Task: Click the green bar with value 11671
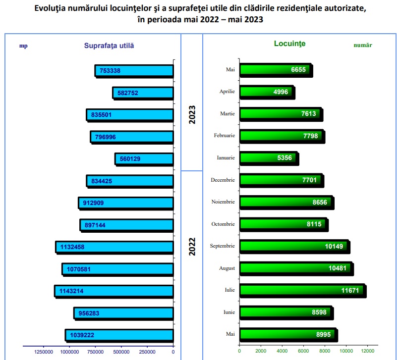(x=302, y=290)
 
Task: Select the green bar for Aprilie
(x=267, y=92)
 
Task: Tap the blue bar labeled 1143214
(x=114, y=291)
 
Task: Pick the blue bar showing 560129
(x=144, y=159)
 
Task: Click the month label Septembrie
(x=223, y=246)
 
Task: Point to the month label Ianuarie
(x=226, y=158)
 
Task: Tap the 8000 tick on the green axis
(x=324, y=352)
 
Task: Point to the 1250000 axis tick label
(x=43, y=352)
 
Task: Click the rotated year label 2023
(x=192, y=114)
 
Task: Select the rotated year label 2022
(x=192, y=247)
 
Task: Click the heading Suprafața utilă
(x=109, y=45)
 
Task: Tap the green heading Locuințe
(x=289, y=44)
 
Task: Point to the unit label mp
(x=23, y=46)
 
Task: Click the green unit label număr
(x=362, y=45)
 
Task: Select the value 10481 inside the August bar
(x=339, y=268)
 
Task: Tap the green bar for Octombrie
(x=283, y=224)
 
